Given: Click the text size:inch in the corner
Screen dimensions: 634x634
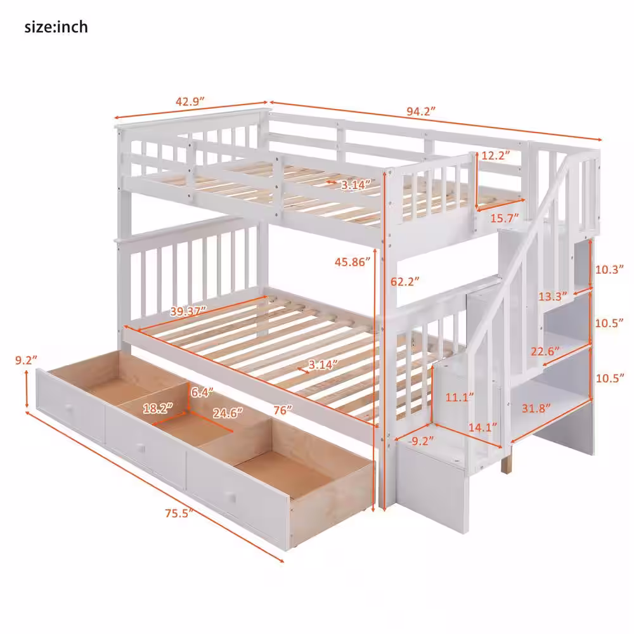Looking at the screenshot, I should click(56, 27).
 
